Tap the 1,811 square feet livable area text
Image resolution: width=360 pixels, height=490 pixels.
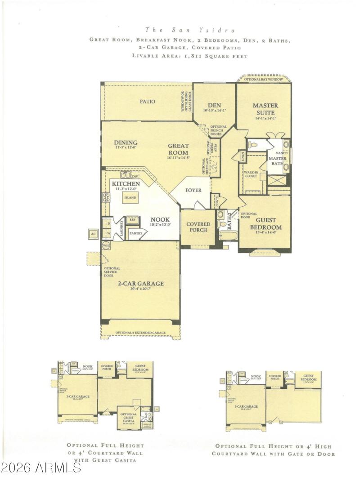(189, 56)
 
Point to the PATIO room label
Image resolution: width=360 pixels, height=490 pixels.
(147, 102)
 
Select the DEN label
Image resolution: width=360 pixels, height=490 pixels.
(214, 105)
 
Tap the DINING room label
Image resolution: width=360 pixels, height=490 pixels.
(126, 143)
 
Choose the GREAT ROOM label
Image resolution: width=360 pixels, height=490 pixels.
(179, 149)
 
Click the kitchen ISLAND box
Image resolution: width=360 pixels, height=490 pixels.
(130, 197)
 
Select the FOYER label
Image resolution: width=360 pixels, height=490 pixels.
(193, 190)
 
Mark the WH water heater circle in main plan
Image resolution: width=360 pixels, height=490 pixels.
(106, 245)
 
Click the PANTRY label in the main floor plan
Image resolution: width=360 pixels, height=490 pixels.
(135, 233)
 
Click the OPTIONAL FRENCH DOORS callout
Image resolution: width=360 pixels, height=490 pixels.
(219, 130)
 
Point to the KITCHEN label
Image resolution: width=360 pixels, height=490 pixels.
(126, 184)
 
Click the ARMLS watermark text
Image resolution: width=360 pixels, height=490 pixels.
(41, 468)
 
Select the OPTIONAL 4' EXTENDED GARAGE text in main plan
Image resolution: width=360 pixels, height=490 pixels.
(140, 333)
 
